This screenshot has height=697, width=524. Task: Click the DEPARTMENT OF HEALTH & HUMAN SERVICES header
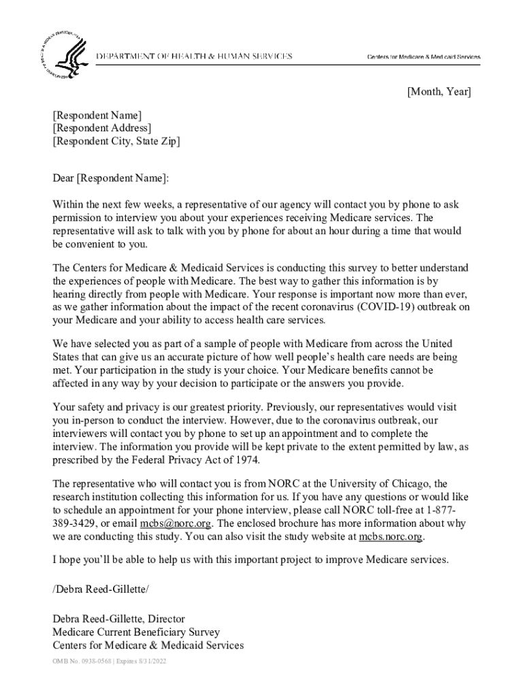click(194, 56)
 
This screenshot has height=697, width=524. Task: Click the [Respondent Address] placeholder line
click(102, 128)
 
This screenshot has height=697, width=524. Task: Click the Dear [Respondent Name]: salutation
click(110, 178)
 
